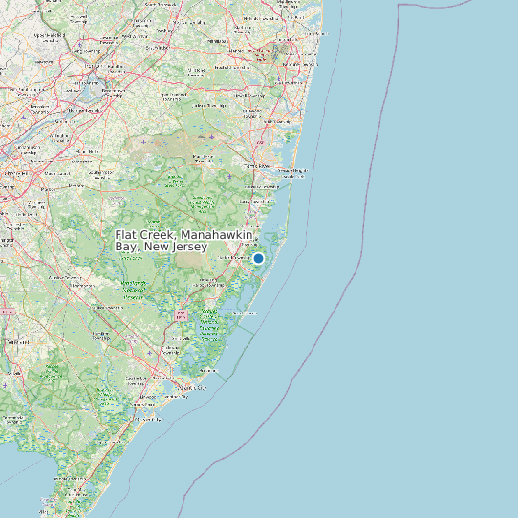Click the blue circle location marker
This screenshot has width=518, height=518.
tap(258, 258)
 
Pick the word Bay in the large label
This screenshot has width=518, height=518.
tap(126, 248)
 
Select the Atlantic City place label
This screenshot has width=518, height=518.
tap(195, 388)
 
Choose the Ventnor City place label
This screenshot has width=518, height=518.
tap(182, 397)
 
